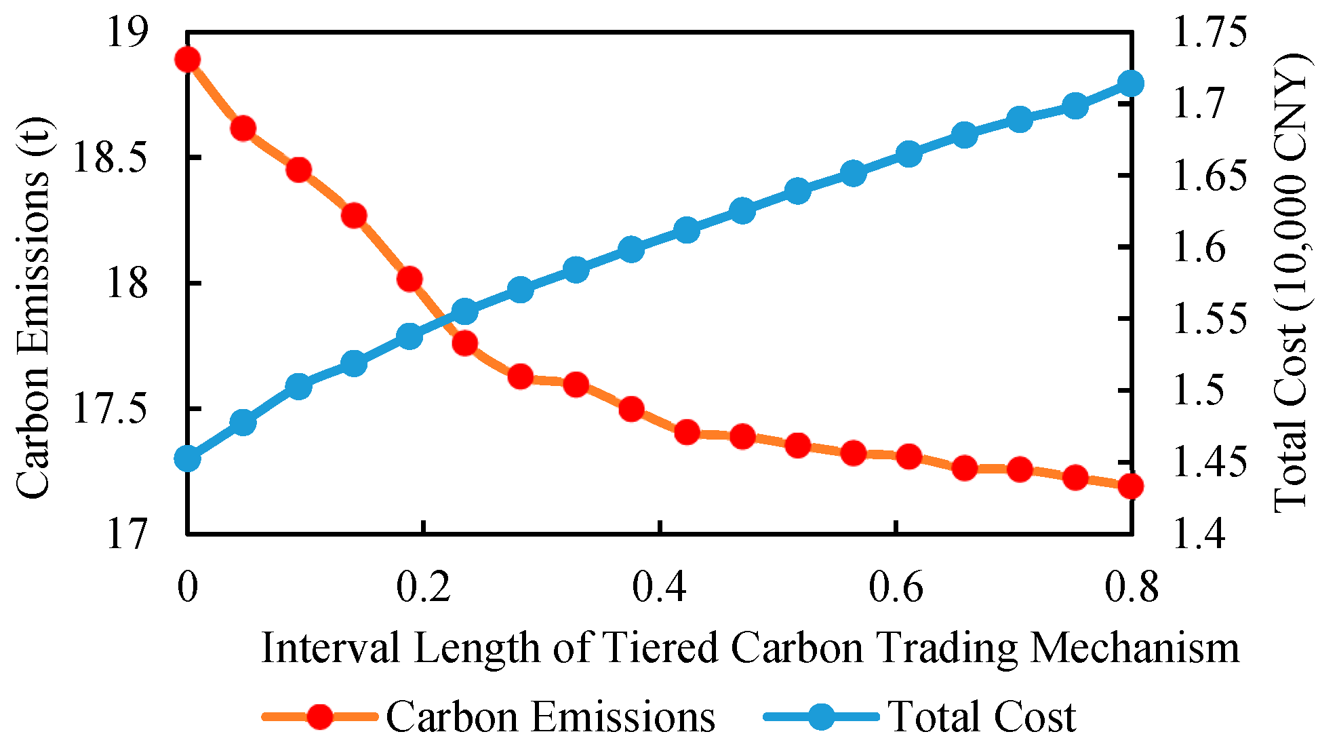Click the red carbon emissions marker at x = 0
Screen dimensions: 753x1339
pos(187,60)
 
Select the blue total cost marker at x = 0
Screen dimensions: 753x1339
pos(187,459)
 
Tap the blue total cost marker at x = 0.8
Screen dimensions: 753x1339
pos(1131,83)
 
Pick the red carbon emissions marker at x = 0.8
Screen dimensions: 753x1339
pos(1131,486)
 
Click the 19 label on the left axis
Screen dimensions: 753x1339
pos(127,33)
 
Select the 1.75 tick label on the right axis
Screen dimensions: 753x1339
pos(1210,33)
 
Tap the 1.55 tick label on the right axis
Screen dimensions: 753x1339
pos(1210,319)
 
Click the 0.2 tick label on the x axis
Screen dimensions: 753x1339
pos(423,587)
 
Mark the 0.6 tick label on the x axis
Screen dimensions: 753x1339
pos(896,587)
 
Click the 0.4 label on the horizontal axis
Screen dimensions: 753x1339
pos(659,587)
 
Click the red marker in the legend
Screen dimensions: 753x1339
pos(319,716)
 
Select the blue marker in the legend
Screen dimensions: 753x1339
pos(821,716)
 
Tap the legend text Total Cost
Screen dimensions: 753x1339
pos(982,716)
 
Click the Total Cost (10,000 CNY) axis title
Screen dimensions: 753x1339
pos(1292,284)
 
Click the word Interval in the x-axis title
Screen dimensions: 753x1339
pos(330,648)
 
